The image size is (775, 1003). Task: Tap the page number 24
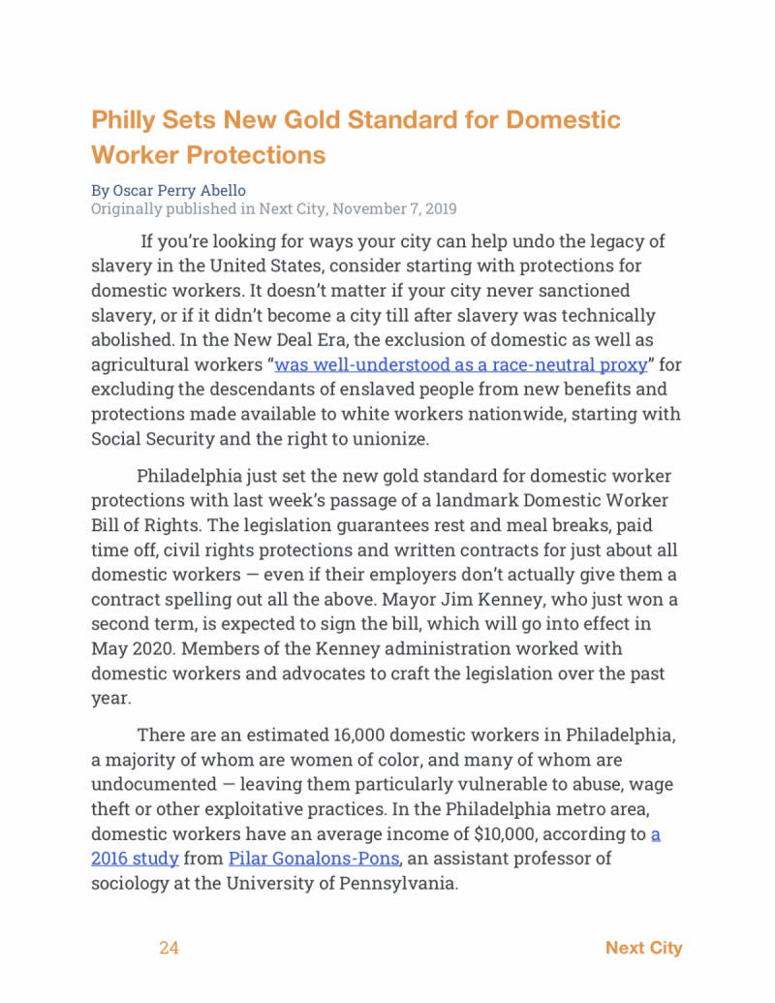pyautogui.click(x=170, y=948)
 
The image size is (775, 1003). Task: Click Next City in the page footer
pyautogui.click(x=643, y=948)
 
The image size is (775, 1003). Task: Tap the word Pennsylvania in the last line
pyautogui.click(x=393, y=883)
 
